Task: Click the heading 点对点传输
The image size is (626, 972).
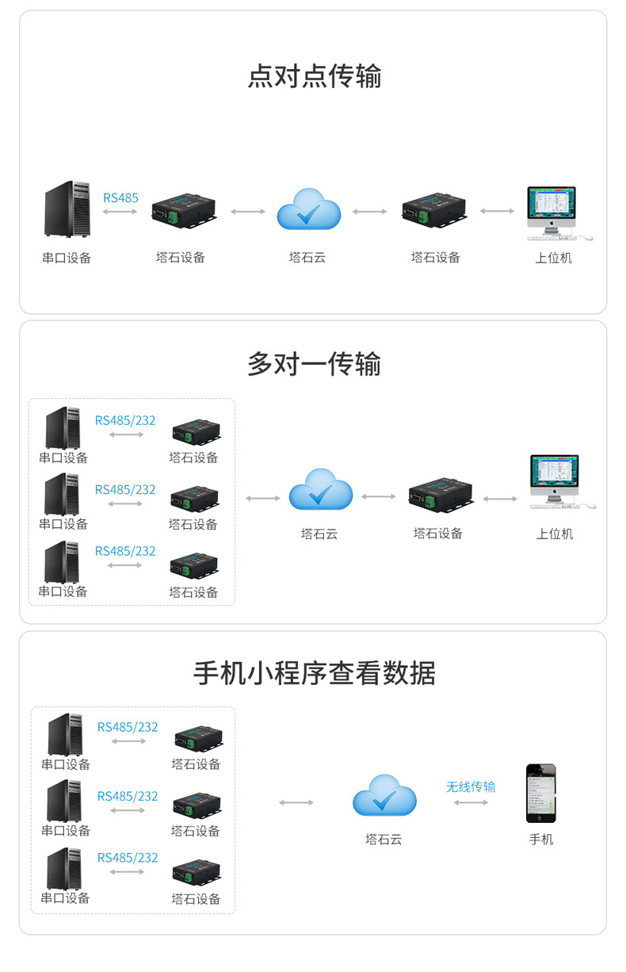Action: (x=314, y=77)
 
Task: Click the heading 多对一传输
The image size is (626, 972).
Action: (x=314, y=364)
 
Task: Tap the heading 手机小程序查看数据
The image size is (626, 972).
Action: (x=314, y=673)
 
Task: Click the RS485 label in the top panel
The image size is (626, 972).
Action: (x=120, y=197)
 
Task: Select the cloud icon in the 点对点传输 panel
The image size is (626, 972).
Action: (x=308, y=209)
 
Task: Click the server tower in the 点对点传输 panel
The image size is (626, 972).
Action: (x=67, y=209)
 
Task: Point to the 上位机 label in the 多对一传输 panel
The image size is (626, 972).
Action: (x=554, y=534)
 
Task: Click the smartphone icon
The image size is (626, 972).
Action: (x=541, y=793)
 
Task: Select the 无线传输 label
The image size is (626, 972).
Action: (x=470, y=786)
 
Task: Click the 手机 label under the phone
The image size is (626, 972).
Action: (x=541, y=839)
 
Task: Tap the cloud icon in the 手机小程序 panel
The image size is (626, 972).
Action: (x=384, y=794)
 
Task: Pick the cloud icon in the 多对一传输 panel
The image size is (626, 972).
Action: (x=320, y=490)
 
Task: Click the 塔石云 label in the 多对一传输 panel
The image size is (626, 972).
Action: (x=319, y=534)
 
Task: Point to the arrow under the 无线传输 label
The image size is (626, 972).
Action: (x=471, y=802)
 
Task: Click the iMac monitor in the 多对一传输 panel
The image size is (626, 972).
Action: (x=554, y=480)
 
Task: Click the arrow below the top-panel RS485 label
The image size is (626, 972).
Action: (x=120, y=212)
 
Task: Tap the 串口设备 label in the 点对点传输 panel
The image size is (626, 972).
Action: (x=67, y=258)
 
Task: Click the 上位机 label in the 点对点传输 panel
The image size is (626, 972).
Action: (x=552, y=258)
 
